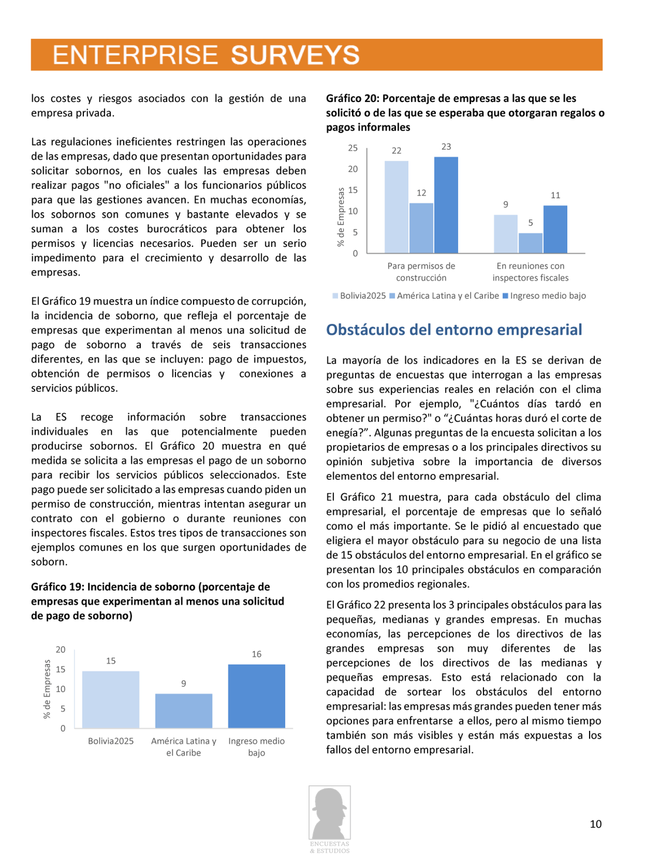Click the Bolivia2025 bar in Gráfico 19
[x=110, y=699]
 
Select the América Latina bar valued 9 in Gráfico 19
[x=184, y=710]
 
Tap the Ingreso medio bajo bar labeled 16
[x=256, y=696]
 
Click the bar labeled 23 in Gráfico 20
[x=446, y=205]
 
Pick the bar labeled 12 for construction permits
[x=421, y=228]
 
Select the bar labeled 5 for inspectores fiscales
[x=530, y=243]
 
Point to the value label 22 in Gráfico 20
[x=397, y=151]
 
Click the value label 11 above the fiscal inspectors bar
[x=555, y=195]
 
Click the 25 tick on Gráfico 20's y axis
[x=353, y=148]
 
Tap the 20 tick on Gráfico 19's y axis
[x=60, y=649]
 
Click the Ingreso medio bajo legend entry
[x=547, y=296]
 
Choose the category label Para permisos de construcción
[x=421, y=272]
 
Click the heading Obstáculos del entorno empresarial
[x=453, y=330]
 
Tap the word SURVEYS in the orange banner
[x=295, y=55]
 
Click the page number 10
[x=595, y=824]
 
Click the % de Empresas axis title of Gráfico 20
[x=340, y=217]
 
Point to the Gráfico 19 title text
[x=157, y=601]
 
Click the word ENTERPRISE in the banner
[x=135, y=55]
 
